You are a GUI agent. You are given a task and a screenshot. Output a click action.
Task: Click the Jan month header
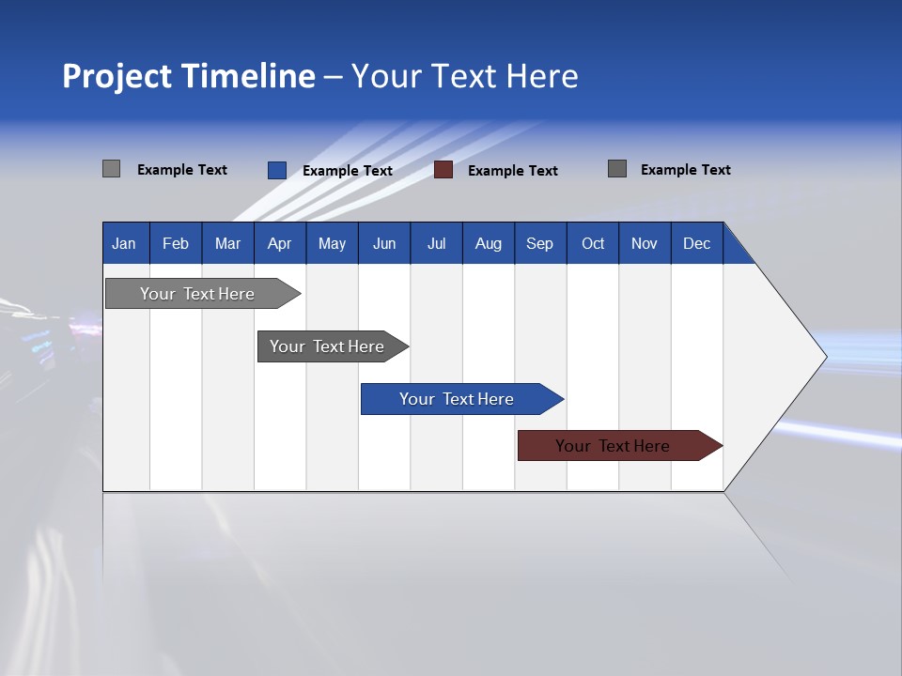124,243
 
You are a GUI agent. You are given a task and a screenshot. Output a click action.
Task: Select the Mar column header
227,243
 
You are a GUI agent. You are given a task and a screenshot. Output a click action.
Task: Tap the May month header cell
332,243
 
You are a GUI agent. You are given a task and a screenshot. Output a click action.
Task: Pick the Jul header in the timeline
436,243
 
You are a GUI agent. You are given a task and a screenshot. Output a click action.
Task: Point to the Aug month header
488,243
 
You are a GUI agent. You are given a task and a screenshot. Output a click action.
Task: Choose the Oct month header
593,243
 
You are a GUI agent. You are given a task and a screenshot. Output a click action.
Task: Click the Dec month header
696,243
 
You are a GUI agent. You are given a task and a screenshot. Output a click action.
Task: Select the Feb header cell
176,243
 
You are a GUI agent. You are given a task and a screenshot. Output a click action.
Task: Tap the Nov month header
644,243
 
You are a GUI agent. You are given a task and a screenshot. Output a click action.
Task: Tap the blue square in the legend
276,170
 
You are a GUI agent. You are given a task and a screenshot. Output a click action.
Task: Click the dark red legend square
443,170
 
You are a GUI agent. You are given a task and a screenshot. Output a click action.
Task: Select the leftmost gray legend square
111,169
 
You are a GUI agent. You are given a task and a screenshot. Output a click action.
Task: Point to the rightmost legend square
617,169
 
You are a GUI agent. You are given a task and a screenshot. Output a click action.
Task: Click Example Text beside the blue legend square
347,171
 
